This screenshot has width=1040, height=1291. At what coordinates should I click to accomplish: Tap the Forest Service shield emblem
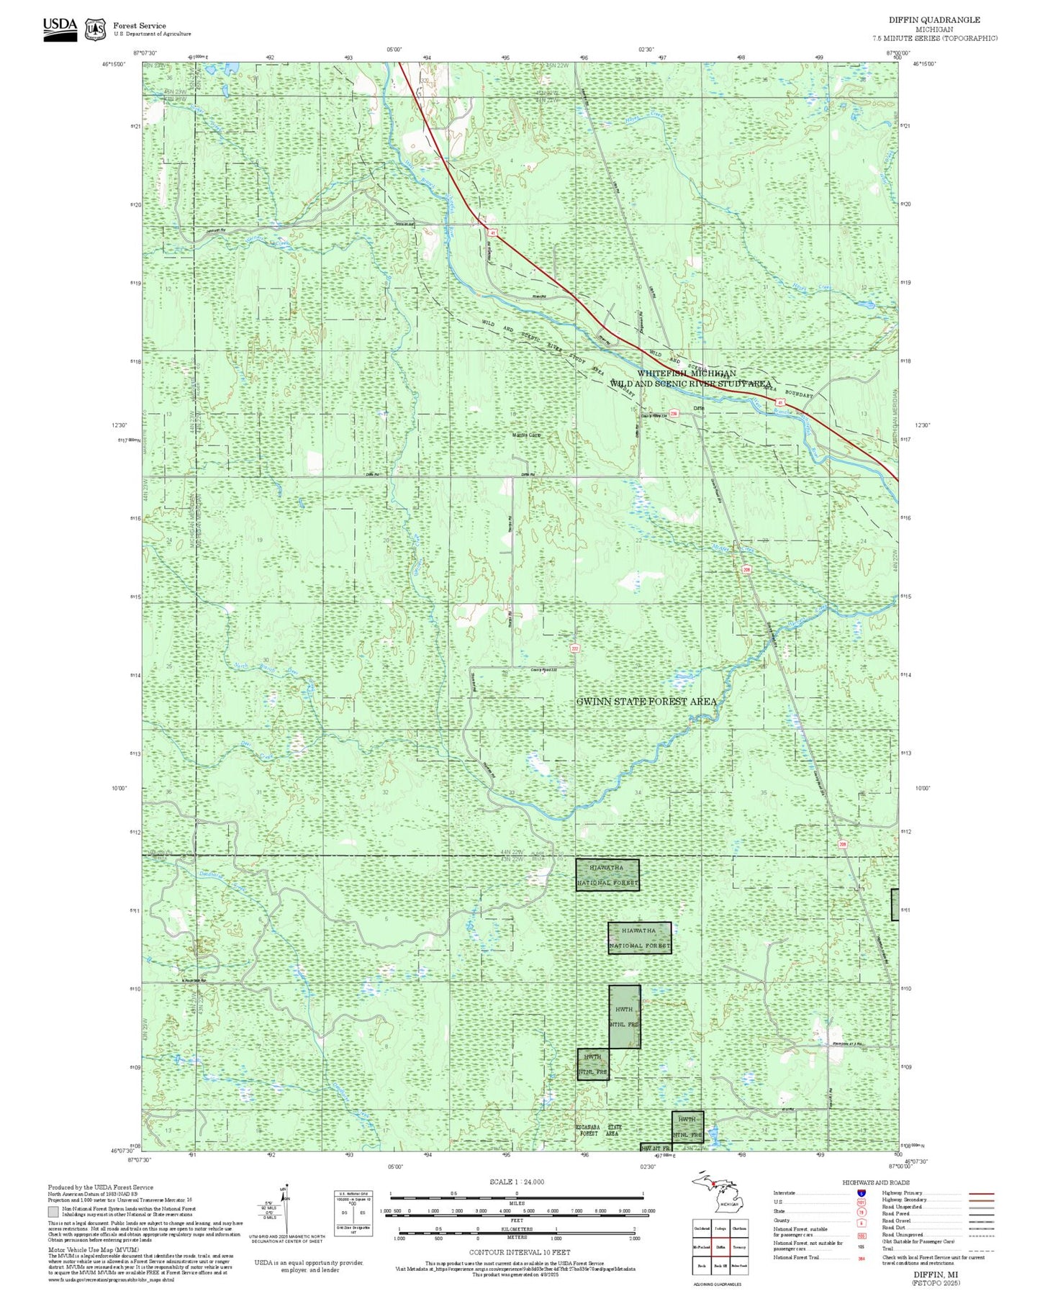click(x=95, y=30)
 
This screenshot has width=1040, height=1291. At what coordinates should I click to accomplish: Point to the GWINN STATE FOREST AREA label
click(x=646, y=702)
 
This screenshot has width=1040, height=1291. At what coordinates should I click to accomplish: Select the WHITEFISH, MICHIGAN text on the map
click(x=686, y=373)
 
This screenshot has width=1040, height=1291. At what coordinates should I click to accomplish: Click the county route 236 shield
click(x=674, y=413)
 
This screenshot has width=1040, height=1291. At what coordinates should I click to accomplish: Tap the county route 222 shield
click(x=574, y=648)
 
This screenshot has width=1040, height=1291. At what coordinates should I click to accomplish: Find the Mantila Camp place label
click(x=526, y=435)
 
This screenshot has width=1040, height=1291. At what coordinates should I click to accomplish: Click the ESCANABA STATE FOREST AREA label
click(x=599, y=1131)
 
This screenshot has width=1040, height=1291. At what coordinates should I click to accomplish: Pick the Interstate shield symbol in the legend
click(x=861, y=1193)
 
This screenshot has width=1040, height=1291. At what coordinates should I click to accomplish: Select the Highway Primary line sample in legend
click(x=980, y=1193)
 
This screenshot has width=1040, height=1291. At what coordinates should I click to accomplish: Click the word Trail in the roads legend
click(x=889, y=1249)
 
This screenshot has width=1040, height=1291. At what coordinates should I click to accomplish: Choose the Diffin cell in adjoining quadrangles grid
click(x=720, y=1249)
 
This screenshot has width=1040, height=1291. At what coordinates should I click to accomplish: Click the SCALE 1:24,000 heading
click(x=516, y=1182)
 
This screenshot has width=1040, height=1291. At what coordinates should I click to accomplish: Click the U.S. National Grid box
click(x=353, y=1213)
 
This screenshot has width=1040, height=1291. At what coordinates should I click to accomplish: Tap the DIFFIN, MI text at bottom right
click(x=935, y=1274)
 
